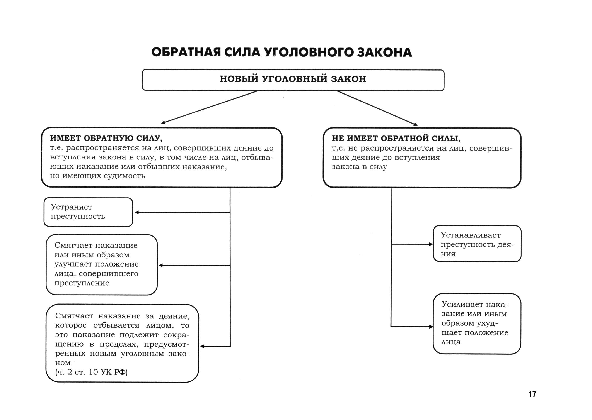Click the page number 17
pos(532,394)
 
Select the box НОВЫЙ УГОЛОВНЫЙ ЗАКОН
pos(293,80)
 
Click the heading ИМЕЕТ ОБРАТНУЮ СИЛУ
pos(106,138)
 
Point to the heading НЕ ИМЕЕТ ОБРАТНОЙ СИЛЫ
pos(396,138)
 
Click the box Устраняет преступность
pos(88,212)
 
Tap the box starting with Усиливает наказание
pos(477,323)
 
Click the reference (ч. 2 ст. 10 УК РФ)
pos(91,372)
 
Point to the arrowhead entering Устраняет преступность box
pos(137,212)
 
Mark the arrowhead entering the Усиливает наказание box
pos(431,327)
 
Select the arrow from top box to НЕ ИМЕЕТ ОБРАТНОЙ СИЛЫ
pos(377,108)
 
